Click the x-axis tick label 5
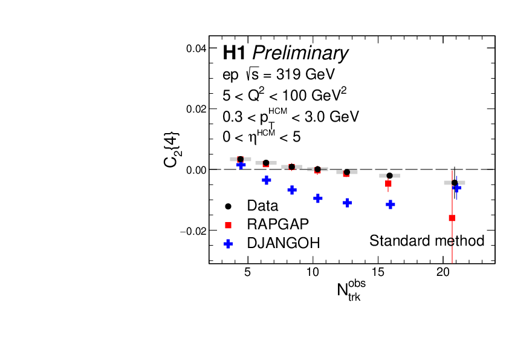(x=247, y=272)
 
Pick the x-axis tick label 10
(x=313, y=272)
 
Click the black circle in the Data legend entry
(x=228, y=206)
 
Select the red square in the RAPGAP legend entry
(x=228, y=224)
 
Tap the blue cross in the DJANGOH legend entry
(x=228, y=243)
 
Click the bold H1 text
(x=234, y=53)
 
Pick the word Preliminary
(x=300, y=54)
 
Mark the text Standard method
(x=427, y=241)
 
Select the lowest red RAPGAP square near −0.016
(x=452, y=218)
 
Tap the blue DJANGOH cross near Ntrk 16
(x=391, y=205)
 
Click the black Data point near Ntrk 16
(x=389, y=175)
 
